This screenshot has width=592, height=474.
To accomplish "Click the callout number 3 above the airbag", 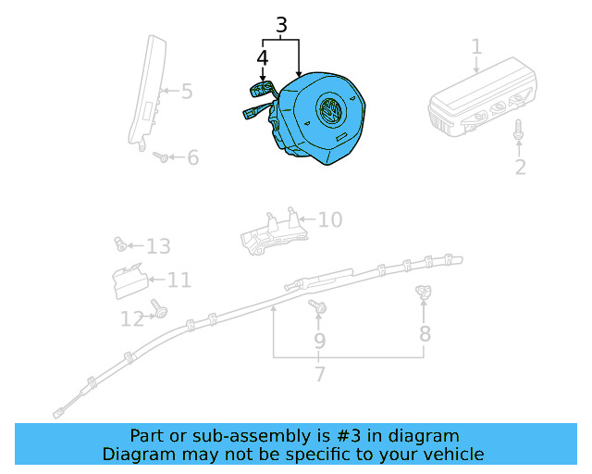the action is point(281,25).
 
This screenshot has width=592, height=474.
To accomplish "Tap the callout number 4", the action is point(263,58).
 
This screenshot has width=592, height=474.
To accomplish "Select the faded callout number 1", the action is point(477,47).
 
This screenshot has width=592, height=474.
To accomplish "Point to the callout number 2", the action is point(521,167).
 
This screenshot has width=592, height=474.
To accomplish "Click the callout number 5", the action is point(187,92).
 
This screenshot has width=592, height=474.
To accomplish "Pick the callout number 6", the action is point(193,157).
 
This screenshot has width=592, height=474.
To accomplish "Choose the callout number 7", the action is point(320,374).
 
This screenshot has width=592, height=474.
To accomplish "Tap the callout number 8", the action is point(425,334).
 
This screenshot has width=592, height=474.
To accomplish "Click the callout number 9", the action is point(319,342).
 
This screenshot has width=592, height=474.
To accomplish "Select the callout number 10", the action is point(330,219).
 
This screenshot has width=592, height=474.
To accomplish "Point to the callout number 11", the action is point(179,281).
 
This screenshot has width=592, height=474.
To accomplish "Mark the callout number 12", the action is point(132,319).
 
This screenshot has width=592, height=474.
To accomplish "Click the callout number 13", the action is point(158,246).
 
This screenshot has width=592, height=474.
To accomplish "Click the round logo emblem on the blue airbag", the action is point(329,108).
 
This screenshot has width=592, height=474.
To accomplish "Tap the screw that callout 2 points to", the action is point(518,130).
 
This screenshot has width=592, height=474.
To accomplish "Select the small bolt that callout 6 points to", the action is point(161,156).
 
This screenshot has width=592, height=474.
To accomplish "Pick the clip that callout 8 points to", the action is point(424,292).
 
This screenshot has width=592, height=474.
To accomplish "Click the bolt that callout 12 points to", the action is point(158,308).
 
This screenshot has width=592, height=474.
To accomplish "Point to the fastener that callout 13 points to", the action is point(120,244).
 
